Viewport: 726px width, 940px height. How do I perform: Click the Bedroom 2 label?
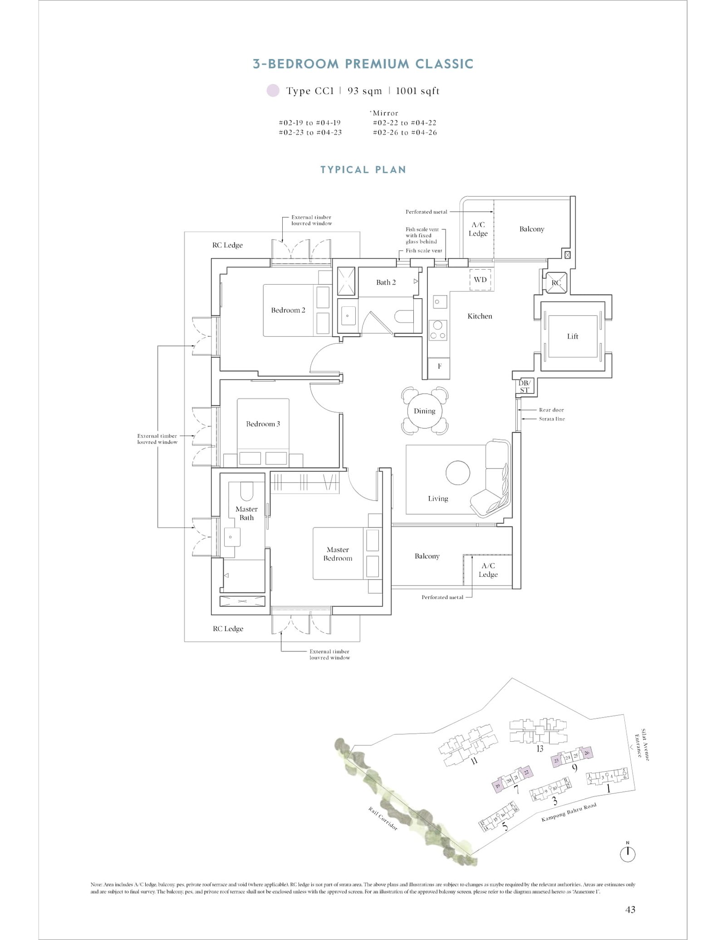tap(288, 310)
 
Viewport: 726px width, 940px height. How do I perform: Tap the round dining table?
tap(424, 411)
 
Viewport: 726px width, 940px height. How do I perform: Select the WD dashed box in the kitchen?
tap(481, 280)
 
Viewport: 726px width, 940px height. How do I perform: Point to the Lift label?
tap(572, 336)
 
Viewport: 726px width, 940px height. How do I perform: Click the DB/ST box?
tap(525, 386)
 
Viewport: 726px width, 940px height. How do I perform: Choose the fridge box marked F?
tap(439, 366)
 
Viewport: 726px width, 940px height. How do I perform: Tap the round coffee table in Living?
tap(458, 473)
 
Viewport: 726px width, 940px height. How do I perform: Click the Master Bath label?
tap(246, 513)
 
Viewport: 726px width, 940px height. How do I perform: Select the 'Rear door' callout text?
tap(551, 410)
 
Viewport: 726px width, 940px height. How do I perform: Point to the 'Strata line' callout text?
tap(552, 419)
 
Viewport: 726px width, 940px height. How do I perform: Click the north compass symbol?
tap(628, 854)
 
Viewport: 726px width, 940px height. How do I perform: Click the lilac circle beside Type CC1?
tap(273, 91)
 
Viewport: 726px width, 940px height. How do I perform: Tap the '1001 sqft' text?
tap(417, 91)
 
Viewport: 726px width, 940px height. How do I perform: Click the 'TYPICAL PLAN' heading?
tap(363, 170)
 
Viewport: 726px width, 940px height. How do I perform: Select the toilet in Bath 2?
tap(403, 316)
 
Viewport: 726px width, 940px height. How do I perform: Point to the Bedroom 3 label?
tap(263, 424)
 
